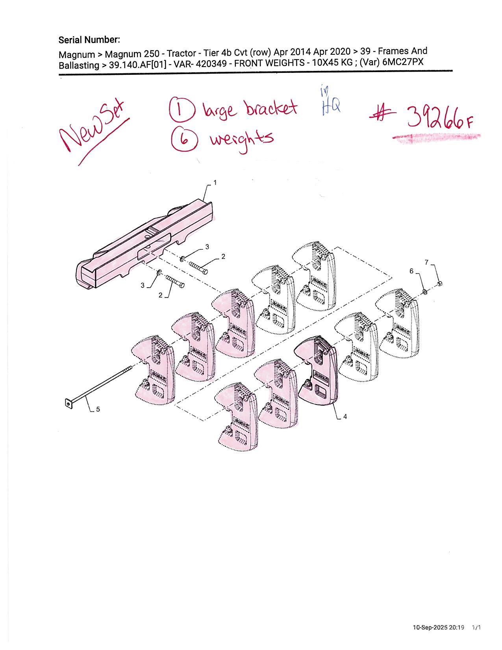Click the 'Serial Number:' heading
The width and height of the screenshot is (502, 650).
(x=89, y=40)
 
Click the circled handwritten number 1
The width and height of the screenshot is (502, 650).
(x=182, y=110)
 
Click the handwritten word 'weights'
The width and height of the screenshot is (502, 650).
(x=242, y=140)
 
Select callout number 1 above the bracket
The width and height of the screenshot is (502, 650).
(x=215, y=182)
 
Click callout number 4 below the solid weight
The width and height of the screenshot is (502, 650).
(x=345, y=417)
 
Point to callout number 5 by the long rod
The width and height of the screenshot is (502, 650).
(x=98, y=409)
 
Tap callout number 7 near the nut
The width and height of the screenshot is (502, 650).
(x=427, y=262)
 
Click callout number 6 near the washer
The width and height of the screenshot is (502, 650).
(x=411, y=271)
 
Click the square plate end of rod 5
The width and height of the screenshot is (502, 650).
(x=69, y=404)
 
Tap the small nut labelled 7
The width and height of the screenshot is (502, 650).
(x=439, y=284)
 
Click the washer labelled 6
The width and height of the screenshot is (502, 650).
(x=424, y=291)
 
